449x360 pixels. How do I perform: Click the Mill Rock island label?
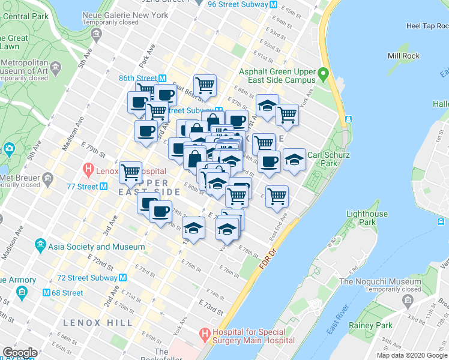point(403,56)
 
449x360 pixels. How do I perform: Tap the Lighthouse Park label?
point(367,218)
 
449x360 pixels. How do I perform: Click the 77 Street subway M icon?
point(104,187)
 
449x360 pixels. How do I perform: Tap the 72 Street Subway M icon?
point(122,278)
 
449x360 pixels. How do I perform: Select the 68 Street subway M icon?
point(46,293)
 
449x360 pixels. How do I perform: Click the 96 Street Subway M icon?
point(273,5)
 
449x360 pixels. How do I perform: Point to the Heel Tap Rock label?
point(426,26)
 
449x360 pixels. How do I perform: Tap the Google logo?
point(20,353)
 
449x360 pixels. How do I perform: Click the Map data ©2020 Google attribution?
point(412,355)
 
